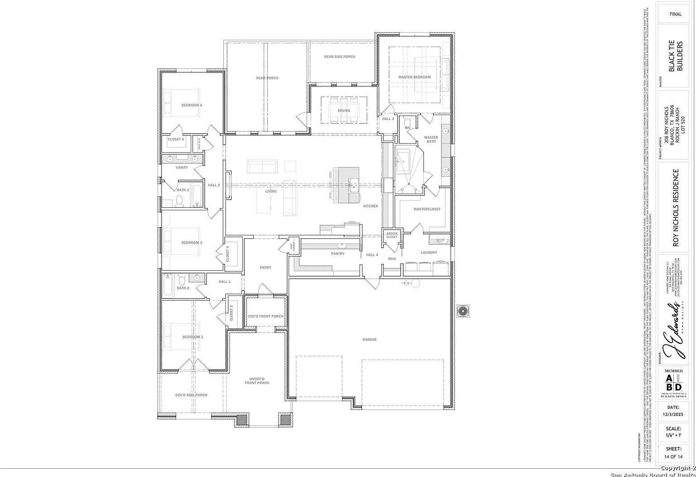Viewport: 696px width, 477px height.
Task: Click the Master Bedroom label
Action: (414, 77)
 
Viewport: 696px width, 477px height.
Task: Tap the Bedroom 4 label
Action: (192, 105)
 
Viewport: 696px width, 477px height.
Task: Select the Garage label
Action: (369, 340)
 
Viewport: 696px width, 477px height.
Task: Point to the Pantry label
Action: (338, 254)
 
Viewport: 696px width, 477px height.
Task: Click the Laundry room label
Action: (429, 253)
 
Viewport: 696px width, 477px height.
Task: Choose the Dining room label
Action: (343, 111)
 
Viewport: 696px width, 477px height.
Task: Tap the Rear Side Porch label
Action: (339, 57)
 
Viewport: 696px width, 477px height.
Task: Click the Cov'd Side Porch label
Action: (191, 395)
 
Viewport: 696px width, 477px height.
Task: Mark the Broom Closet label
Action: (391, 235)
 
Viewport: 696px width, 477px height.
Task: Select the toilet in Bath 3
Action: (179, 201)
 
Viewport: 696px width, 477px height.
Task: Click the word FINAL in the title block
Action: (676, 14)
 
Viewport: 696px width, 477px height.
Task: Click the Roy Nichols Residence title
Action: (676, 207)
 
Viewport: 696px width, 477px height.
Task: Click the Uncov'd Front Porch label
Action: (257, 381)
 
